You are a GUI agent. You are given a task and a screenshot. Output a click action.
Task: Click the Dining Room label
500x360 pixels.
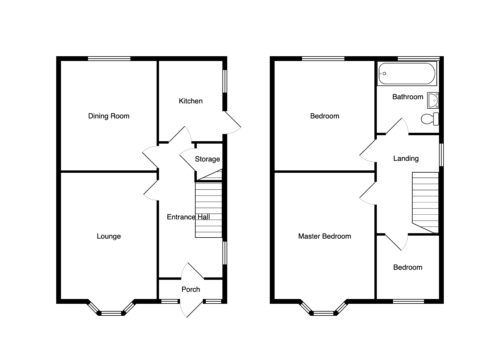click(109, 116)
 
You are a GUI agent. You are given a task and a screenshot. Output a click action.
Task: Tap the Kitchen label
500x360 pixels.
click(191, 101)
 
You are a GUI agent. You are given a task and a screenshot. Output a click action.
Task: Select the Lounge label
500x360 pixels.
click(109, 236)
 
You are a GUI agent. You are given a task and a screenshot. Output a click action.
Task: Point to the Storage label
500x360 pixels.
click(207, 159)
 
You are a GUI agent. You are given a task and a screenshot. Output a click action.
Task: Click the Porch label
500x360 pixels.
click(191, 289)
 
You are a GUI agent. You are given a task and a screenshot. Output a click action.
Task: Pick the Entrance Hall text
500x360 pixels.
click(188, 217)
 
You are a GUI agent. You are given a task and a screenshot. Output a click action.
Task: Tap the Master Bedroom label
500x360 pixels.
click(325, 236)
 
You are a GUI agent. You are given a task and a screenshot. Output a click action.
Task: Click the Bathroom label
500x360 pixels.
click(408, 97)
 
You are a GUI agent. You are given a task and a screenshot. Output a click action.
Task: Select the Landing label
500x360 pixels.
click(406, 158)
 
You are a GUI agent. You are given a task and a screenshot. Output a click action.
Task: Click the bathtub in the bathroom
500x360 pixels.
click(407, 74)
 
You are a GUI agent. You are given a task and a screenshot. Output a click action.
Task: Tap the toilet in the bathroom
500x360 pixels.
click(430, 119)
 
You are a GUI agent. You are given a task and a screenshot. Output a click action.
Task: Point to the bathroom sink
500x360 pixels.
click(433, 101)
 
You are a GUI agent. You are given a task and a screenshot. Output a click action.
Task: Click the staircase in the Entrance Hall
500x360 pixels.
click(209, 210)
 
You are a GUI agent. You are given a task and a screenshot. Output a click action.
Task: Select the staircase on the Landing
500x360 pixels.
click(425, 203)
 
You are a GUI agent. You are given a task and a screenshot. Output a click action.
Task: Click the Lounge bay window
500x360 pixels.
click(111, 308)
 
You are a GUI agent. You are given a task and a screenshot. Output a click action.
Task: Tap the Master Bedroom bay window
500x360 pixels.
click(324, 308)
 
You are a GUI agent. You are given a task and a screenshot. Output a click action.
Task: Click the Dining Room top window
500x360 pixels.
click(109, 59)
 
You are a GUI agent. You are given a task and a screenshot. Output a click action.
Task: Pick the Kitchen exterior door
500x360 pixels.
click(232, 123)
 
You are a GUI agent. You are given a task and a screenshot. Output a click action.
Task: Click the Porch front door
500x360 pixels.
click(192, 308)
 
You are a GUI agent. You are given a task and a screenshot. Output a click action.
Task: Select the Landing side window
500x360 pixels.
click(441, 154)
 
